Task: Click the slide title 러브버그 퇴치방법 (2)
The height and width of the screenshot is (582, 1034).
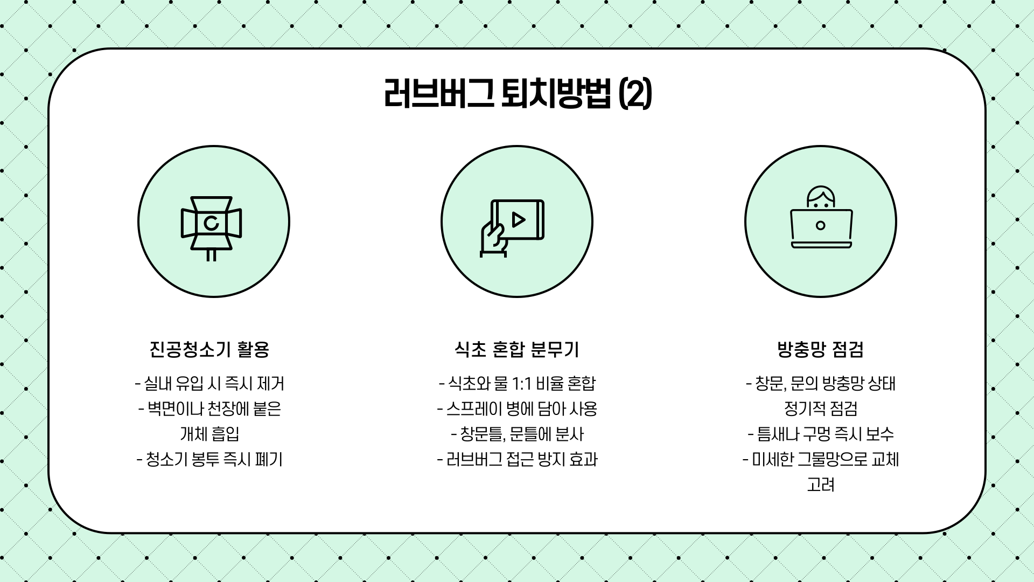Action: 517,94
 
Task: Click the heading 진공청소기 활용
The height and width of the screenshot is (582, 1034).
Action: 209,350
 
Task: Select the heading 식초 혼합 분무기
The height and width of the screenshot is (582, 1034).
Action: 517,350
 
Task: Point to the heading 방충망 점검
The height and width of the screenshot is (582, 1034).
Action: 820,350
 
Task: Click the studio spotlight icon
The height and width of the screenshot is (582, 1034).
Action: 212,226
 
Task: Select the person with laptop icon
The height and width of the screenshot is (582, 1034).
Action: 821,218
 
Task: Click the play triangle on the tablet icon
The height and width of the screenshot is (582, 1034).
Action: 519,220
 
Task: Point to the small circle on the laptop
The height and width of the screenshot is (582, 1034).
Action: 821,225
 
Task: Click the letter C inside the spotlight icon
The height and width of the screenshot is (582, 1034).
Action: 212,223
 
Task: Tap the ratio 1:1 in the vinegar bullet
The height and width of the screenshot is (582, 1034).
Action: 522,384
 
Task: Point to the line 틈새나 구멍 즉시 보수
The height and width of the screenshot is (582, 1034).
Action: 820,434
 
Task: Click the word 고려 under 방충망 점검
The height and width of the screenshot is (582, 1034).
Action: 820,485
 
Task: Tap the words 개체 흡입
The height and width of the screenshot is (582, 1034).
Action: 209,434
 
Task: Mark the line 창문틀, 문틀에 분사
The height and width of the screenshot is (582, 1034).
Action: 517,434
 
